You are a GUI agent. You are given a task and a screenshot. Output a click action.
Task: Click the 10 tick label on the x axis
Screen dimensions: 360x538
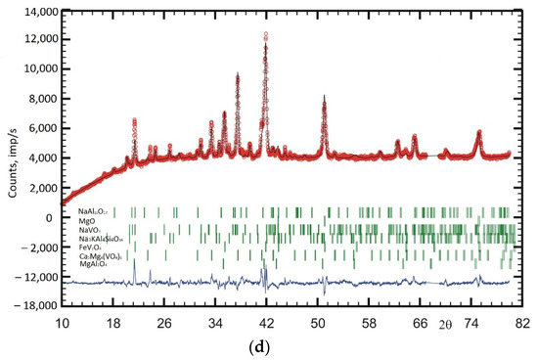coord(62,322)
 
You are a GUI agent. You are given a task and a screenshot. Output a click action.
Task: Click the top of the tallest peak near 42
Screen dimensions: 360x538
coord(265,34)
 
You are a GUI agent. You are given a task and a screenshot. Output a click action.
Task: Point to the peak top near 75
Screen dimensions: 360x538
coord(478,131)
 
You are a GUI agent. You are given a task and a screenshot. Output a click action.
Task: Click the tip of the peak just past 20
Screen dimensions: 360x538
coord(134,119)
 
